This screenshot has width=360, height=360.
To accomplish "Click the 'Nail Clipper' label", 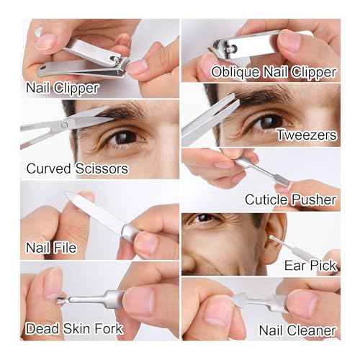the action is click(x=63, y=88).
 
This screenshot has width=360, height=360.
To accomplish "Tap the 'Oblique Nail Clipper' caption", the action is click(x=274, y=72).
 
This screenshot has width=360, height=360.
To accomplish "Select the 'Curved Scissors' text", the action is click(x=77, y=168).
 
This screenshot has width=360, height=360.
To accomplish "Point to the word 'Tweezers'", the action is click(x=307, y=135).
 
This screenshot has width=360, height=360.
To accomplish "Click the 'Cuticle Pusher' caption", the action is click(x=290, y=199).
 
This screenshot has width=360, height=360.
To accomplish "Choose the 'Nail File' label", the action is click(x=51, y=248).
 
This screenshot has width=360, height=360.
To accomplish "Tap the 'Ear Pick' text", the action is click(x=310, y=266).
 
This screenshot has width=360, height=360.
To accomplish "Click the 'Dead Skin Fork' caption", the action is click(x=74, y=328).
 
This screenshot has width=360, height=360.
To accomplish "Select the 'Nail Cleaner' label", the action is click(x=297, y=330).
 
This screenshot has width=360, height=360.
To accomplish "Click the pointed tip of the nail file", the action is click(x=66, y=193).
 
